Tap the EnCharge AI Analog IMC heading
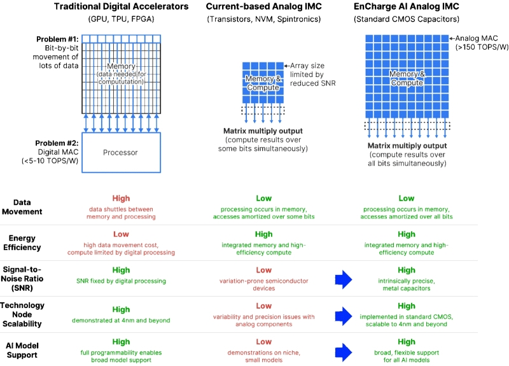[x=406, y=7]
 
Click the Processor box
[x=121, y=153]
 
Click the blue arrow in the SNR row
[x=344, y=279]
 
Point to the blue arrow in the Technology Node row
[x=344, y=314]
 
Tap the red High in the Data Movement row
[x=121, y=199]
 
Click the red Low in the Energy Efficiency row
[x=121, y=235]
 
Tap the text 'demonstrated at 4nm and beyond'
[x=121, y=320]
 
